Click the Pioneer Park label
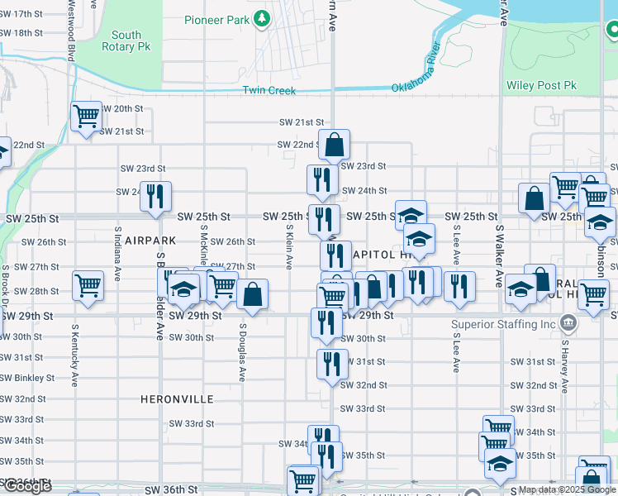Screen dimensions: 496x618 216,19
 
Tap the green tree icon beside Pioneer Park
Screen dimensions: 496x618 262,19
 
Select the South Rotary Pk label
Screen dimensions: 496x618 126,41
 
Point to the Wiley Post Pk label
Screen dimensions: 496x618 540,86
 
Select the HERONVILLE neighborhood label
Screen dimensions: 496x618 177,399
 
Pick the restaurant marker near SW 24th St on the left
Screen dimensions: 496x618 155,196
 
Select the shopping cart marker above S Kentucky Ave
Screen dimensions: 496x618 88,285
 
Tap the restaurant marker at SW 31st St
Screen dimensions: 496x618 332,363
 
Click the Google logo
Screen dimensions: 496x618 26,487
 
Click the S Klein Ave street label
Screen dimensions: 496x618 289,249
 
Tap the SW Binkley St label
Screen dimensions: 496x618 27,378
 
